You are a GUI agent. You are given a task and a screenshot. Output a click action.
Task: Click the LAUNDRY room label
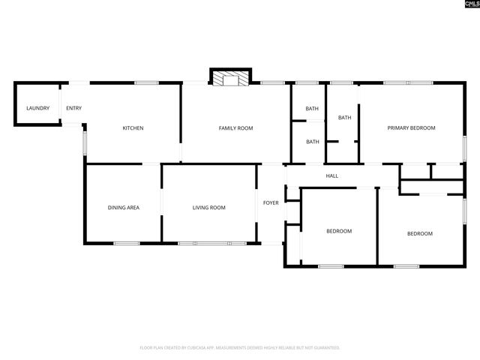pos(37,109)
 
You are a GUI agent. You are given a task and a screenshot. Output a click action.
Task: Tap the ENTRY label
pos(73,109)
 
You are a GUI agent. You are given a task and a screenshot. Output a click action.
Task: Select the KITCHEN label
pos(133,128)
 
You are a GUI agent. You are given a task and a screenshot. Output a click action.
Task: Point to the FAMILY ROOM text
pos(235,128)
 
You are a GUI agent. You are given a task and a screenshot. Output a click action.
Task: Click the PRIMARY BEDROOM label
pos(411,128)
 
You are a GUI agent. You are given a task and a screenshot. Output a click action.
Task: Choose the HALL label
pos(331,176)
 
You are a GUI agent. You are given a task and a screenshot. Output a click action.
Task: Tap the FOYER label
pos(270,203)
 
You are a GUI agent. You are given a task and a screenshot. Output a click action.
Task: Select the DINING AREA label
pos(123,208)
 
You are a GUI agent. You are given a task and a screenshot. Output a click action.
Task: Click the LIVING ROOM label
pos(209,208)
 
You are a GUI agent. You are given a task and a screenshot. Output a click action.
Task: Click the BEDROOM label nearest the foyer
pos(339,231)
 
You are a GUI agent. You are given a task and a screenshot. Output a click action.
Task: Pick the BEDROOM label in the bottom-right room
pos(419,234)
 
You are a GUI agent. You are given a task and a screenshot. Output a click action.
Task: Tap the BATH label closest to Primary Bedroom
pos(344,118)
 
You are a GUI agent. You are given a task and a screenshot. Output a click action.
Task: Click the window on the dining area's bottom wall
pos(127,243)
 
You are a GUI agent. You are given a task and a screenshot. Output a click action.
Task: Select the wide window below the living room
pos(211,243)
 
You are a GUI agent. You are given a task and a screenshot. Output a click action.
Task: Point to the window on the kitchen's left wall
pos(85,142)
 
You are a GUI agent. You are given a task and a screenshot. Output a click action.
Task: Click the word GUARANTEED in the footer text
pos(325,348)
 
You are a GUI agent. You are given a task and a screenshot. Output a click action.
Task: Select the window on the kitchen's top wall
pos(146,82)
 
